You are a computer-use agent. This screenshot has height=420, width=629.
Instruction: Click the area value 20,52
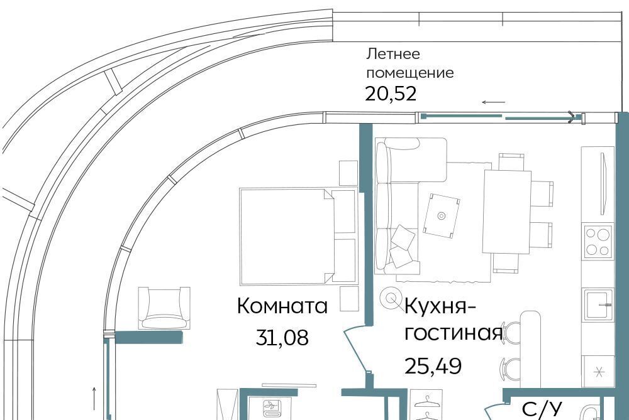click(391, 94)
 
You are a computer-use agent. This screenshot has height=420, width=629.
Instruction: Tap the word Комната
click(282, 306)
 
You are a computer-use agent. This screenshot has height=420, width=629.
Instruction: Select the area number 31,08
click(282, 338)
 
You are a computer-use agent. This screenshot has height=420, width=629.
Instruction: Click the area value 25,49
click(433, 365)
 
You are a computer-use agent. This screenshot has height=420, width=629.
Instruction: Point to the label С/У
click(542, 410)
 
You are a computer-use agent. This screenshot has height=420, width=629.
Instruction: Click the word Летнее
click(387, 53)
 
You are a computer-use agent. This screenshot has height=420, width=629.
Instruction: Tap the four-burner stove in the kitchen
click(598, 240)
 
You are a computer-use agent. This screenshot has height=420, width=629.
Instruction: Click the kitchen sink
click(598, 304)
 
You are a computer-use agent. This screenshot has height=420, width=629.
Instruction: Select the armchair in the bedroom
click(164, 308)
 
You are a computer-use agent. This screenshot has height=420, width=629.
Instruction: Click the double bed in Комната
click(298, 236)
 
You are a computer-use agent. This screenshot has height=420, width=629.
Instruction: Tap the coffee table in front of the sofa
click(442, 215)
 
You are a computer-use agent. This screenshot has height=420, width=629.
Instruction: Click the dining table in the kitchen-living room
click(507, 212)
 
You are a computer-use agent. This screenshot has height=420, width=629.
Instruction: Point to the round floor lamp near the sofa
click(391, 298)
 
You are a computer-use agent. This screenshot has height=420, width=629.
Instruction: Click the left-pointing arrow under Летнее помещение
click(493, 102)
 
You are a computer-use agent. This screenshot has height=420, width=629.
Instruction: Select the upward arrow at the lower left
click(94, 399)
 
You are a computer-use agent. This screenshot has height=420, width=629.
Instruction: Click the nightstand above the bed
click(348, 173)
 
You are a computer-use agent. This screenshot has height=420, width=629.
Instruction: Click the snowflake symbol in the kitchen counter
click(599, 372)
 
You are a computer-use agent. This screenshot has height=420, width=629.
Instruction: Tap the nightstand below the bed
click(348, 299)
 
